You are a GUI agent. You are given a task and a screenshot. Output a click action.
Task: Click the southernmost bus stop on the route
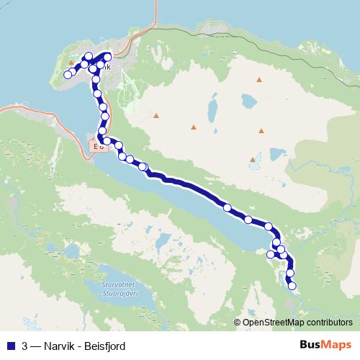(292, 286)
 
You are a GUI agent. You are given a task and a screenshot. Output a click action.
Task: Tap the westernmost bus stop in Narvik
(68, 74)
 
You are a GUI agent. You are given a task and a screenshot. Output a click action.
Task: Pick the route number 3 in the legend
(25, 344)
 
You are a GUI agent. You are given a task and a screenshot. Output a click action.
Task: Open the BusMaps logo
(325, 344)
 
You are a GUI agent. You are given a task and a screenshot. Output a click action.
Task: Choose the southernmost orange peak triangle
(251, 159)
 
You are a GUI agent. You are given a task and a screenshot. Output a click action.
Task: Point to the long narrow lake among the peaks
(213, 109)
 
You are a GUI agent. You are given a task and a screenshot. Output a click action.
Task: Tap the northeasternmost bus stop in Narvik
(108, 55)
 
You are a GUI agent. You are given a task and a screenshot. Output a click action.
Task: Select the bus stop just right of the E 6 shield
(107, 140)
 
